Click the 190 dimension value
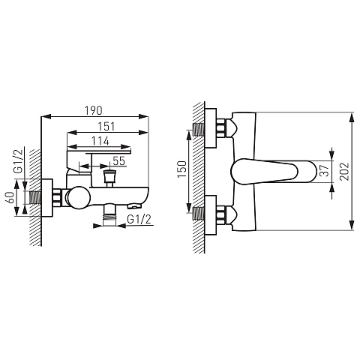[x=94, y=111]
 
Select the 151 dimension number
[x=106, y=127]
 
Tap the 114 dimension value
[x=100, y=141]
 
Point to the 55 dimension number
[x=118, y=161]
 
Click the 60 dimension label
[x=10, y=197]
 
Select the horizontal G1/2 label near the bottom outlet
[x=139, y=219]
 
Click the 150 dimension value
[x=182, y=169]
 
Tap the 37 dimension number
[x=325, y=170]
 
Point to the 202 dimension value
[x=344, y=171]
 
